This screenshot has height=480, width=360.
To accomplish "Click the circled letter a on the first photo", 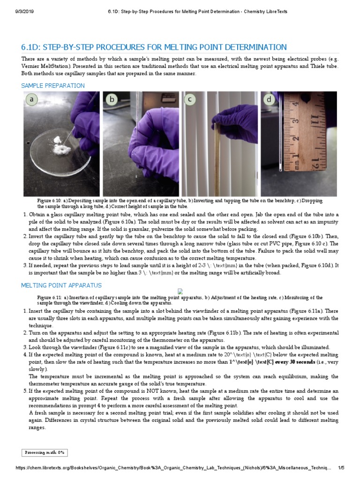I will [32, 100].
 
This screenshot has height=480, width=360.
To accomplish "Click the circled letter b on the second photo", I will [112, 100].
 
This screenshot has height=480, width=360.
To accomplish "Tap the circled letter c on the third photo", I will [190, 99].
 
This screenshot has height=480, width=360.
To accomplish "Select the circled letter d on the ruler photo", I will [269, 100].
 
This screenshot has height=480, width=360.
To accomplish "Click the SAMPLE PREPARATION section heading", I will [53, 86].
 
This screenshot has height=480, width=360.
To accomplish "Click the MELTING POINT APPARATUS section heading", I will [61, 285].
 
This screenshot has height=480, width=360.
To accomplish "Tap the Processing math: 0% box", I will [45, 452].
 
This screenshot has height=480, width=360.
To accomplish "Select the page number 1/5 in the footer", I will [341, 468].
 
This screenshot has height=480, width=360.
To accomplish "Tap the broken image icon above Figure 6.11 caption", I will [180, 292].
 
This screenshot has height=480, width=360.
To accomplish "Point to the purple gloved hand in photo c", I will [239, 124].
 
